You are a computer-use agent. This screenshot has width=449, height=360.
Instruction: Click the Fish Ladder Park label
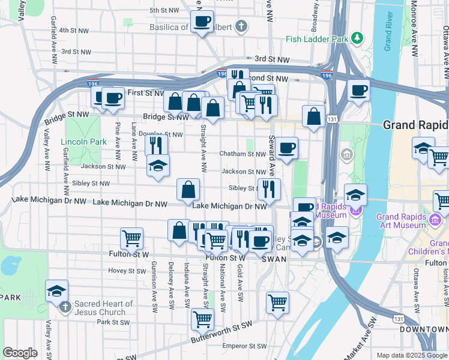click(317, 39)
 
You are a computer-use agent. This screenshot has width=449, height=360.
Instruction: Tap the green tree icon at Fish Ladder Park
click(358, 38)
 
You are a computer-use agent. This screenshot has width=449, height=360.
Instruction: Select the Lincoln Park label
click(83, 142)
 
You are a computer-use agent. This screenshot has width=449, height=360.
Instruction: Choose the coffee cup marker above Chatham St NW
click(286, 148)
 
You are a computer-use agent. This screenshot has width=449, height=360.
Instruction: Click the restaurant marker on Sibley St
click(269, 189)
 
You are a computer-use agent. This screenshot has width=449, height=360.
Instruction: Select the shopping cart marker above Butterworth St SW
click(203, 318)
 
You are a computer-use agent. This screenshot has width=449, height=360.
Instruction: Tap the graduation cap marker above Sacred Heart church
click(56, 292)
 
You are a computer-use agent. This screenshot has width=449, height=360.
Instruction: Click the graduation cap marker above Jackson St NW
click(158, 165)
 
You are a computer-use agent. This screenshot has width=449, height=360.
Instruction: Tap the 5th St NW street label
click(164, 10)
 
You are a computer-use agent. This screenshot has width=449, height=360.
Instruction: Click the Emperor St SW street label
click(244, 346)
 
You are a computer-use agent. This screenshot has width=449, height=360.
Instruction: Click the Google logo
click(20, 353)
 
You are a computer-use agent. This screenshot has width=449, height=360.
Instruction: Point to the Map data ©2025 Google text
click(411, 355)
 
